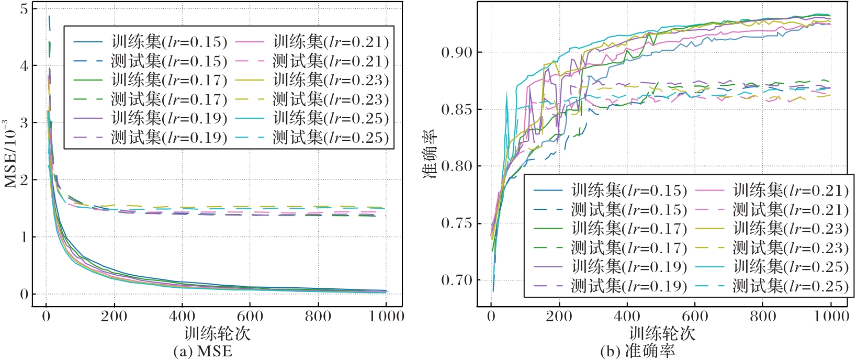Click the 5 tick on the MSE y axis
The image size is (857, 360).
point(24,9)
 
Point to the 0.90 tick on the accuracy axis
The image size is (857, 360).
point(457,52)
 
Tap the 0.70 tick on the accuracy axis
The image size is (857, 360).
point(457,280)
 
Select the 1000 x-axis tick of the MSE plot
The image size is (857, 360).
point(386,316)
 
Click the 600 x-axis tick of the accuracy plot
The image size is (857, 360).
point(695,316)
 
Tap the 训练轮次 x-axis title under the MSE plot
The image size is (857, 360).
point(217,333)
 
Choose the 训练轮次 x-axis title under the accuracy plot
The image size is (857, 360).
point(662,333)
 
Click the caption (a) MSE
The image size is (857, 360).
point(203,351)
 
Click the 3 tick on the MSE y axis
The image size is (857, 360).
point(24,123)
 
